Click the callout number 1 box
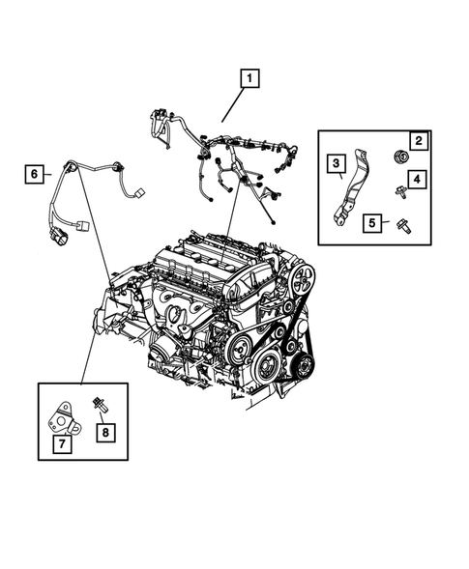pos(250,77)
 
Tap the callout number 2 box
pos(418,142)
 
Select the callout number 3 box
pos(336,164)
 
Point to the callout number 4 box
pos(417,179)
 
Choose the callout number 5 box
pos(371,223)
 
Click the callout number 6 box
pos(35,174)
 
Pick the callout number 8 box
pos(105,431)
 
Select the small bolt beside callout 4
pos(398,192)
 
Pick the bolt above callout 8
pos(100,404)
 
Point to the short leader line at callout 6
pos(52,174)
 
